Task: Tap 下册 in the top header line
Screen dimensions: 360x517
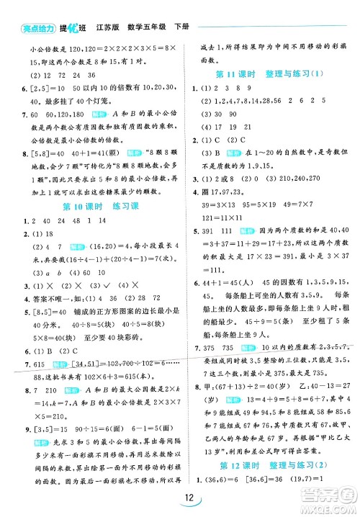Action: (x=182, y=27)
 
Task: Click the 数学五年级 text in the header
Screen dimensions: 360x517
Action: (x=147, y=27)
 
